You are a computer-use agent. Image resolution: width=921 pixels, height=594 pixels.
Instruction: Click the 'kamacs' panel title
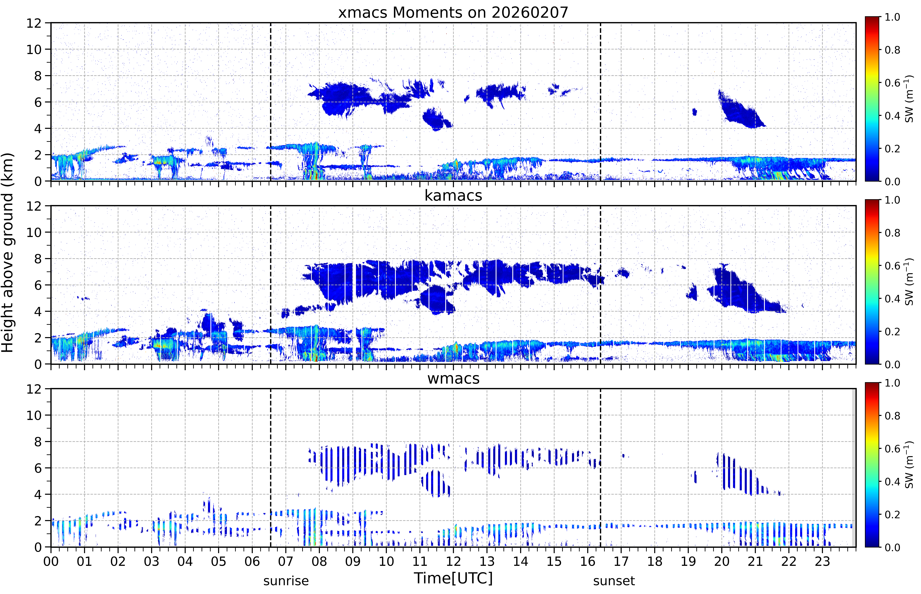pyautogui.click(x=453, y=196)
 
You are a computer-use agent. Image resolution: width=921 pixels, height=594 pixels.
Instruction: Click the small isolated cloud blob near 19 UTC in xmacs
pyautogui.click(x=695, y=112)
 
